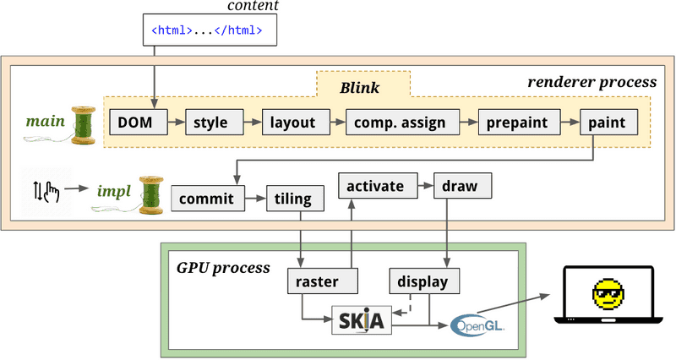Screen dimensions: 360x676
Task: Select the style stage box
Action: coord(210,123)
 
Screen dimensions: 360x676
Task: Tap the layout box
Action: coord(292,123)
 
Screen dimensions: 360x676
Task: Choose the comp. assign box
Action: coord(401,123)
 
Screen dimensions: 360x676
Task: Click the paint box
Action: coord(608,123)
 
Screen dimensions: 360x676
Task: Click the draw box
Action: coord(461,185)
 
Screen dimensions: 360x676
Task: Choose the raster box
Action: coord(319,281)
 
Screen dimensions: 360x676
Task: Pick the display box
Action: coord(423,281)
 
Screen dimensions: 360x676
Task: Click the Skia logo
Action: coord(363,321)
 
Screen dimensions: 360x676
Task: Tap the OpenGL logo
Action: coord(478,325)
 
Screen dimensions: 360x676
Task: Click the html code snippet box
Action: coord(206,31)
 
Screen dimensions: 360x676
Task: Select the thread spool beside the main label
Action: coord(84,125)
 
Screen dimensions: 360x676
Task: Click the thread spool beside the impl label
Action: coord(150,194)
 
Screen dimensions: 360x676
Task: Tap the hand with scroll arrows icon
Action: coord(45,194)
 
